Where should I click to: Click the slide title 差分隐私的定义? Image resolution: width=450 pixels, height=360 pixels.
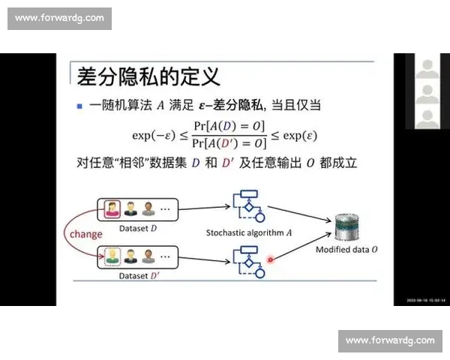pyautogui.click(x=148, y=76)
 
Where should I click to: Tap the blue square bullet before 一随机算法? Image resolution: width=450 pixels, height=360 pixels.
pyautogui.click(x=80, y=106)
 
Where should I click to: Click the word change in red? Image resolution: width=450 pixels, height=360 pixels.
pyautogui.click(x=85, y=234)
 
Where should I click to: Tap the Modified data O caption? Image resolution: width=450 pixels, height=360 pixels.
pyautogui.click(x=346, y=249)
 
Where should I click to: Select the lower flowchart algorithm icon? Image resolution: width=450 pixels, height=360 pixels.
pyautogui.click(x=249, y=259)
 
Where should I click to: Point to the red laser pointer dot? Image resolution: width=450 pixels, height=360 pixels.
pyautogui.click(x=271, y=260)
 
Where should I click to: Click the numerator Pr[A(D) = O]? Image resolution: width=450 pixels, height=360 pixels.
pyautogui.click(x=229, y=126)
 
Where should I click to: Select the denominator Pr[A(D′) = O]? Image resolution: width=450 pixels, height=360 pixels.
pyautogui.click(x=229, y=142)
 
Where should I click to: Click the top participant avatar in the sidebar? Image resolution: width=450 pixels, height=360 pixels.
pyautogui.click(x=427, y=70)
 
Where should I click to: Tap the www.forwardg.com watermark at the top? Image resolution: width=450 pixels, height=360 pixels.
pyautogui.click(x=60, y=18)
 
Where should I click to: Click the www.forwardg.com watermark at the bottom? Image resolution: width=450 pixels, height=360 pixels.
pyautogui.click(x=390, y=341)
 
